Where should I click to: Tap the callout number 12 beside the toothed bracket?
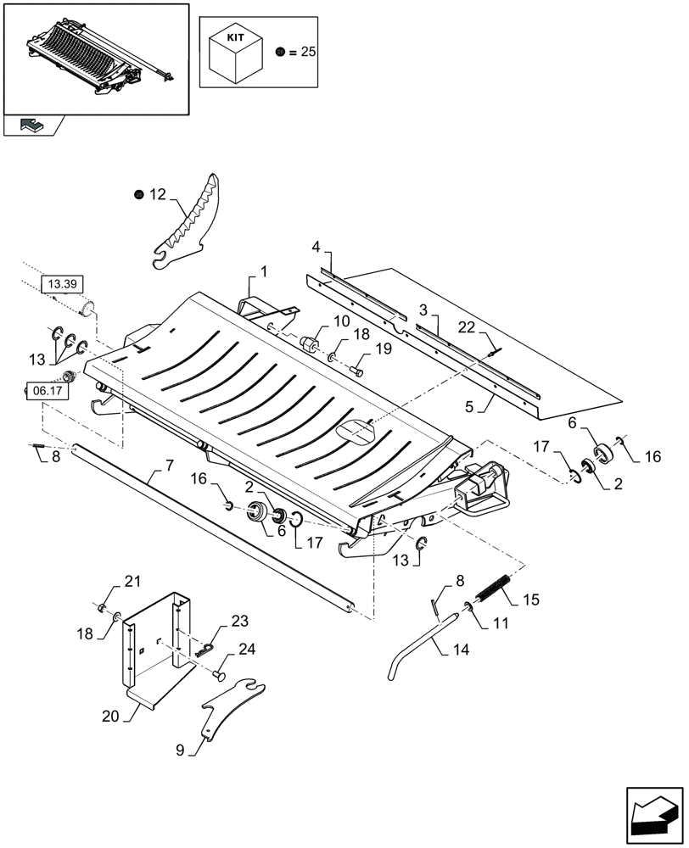[x=157, y=195]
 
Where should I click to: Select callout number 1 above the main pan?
[x=264, y=271]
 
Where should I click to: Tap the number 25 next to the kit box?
[x=307, y=52]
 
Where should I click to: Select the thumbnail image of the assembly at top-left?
[x=96, y=57]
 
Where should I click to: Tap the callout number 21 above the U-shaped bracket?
[x=132, y=581]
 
